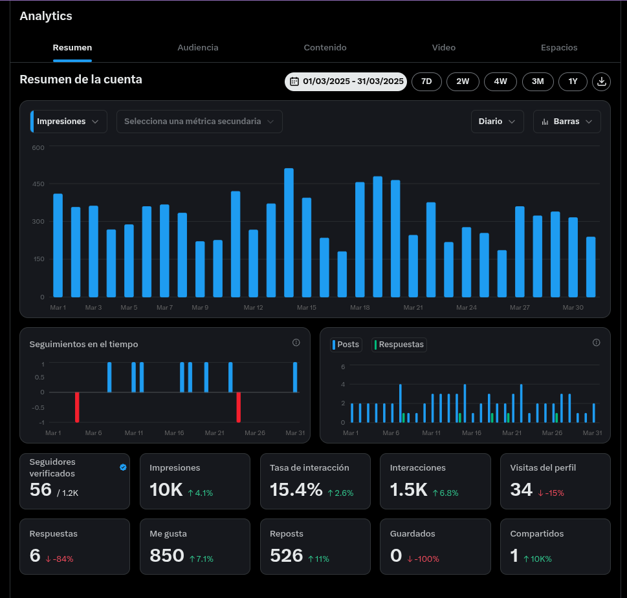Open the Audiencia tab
[x=198, y=48]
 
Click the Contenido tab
[x=325, y=48]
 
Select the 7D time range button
[x=426, y=81]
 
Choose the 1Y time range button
[x=573, y=81]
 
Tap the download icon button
[x=601, y=81]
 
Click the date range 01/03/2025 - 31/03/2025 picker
[x=346, y=81]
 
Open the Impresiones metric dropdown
[x=69, y=122]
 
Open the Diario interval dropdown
[x=498, y=122]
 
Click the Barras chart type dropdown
[x=567, y=122]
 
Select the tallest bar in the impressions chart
[x=289, y=233]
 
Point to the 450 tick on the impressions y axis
[x=38, y=184]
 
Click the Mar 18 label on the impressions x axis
[x=360, y=308]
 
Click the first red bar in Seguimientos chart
[x=77, y=407]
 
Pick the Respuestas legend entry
[x=399, y=345]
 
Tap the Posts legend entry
[x=346, y=345]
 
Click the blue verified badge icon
[x=123, y=467]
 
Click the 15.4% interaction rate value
[x=296, y=490]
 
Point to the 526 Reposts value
[x=286, y=556]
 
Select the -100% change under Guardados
[x=423, y=559]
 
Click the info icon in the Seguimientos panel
[x=296, y=343]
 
